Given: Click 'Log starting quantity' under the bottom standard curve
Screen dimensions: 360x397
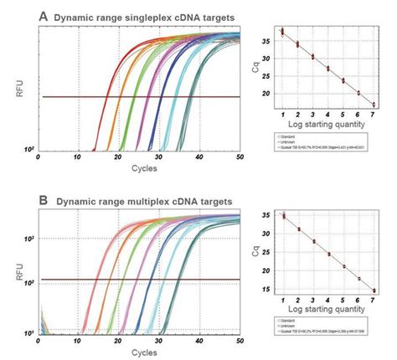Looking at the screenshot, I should (x=328, y=312).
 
